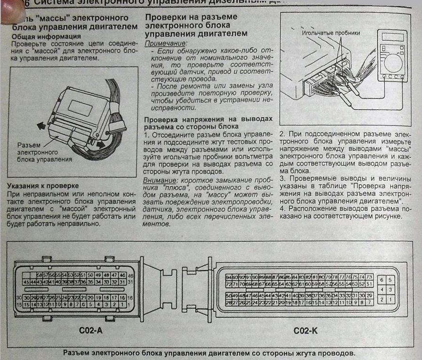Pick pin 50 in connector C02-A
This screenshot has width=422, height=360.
90,275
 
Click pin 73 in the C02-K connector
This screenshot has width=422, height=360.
369,277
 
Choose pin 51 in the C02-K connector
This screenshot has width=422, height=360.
369,284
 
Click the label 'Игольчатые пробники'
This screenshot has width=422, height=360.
331,33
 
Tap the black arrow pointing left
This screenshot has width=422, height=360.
40,125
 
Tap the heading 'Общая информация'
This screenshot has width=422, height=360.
46,36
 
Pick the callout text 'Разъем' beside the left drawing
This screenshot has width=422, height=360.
28,145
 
